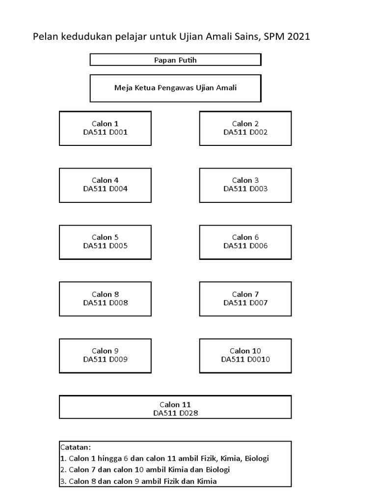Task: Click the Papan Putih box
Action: pyautogui.click(x=175, y=60)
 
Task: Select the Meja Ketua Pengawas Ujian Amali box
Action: pyautogui.click(x=175, y=88)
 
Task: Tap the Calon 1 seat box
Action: pyautogui.click(x=105, y=128)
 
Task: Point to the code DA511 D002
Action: pyautogui.click(x=245, y=132)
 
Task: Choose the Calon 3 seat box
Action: pyautogui.click(x=245, y=185)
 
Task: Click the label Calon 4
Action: pyautogui.click(x=105, y=180)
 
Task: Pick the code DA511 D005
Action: pyautogui.click(x=105, y=246)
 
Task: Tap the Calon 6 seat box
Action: pyautogui.click(x=245, y=242)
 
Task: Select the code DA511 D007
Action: pyautogui.click(x=245, y=303)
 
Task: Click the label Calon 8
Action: pyautogui.click(x=105, y=294)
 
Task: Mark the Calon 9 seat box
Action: pyautogui.click(x=105, y=355)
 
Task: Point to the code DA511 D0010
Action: pyautogui.click(x=245, y=360)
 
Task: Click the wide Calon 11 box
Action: pyautogui.click(x=175, y=407)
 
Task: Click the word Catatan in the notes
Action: pyautogui.click(x=75, y=447)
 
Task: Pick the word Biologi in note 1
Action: pyautogui.click(x=254, y=458)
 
